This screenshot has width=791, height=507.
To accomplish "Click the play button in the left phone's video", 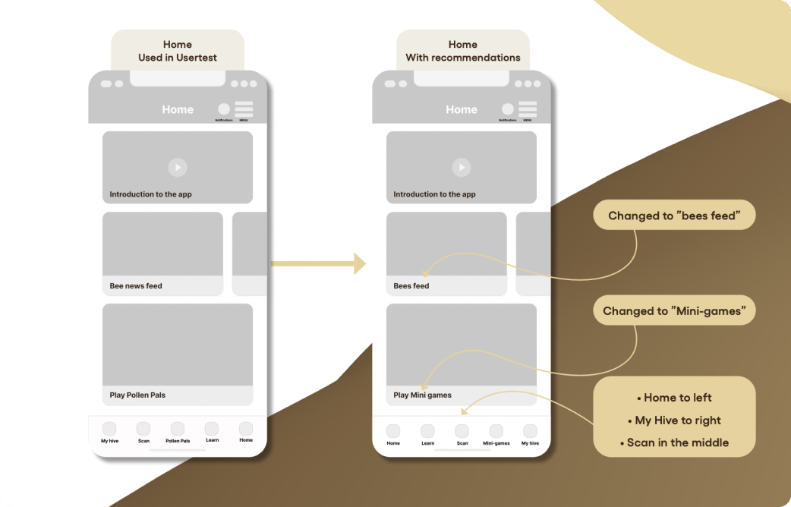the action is [x=177, y=167].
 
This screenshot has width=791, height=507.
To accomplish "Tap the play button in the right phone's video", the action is [x=461, y=167].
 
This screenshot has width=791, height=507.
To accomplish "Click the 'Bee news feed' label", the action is [x=136, y=286].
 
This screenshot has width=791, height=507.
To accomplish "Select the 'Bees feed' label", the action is [x=411, y=286].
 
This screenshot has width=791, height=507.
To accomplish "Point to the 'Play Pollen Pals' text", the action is [x=137, y=395].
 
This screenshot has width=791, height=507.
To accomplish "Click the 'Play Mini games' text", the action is [x=422, y=395].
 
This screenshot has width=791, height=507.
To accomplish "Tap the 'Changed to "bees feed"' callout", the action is [x=673, y=216].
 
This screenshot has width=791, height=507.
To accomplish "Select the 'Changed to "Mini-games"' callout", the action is [x=673, y=310].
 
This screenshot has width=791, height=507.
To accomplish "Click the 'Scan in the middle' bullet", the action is [x=673, y=442].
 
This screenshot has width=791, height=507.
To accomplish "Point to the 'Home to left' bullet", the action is [x=673, y=398].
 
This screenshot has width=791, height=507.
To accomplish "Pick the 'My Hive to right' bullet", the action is [x=673, y=420].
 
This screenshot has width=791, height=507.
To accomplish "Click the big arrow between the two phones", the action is [x=318, y=263].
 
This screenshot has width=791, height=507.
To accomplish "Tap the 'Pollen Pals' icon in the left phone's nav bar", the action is [x=178, y=429].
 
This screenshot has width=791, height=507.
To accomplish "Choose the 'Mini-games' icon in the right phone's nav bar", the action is [x=496, y=431].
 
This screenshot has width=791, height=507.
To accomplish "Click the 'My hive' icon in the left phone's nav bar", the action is [x=109, y=429].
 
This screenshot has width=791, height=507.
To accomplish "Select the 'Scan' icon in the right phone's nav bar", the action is [x=462, y=431].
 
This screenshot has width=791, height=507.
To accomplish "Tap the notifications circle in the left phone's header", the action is [x=223, y=109].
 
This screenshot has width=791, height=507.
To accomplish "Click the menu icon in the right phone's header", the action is [x=528, y=109].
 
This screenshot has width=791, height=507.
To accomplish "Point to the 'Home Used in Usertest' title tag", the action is [x=178, y=51].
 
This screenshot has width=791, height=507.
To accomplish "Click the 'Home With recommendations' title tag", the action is [x=462, y=51].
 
